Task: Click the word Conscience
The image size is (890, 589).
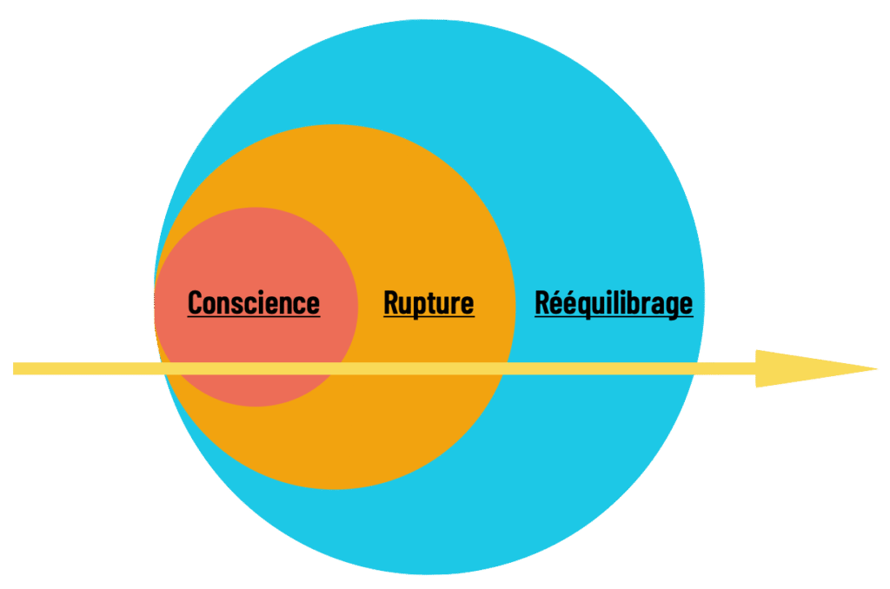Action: [x=254, y=303]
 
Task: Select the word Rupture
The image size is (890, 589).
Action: [x=428, y=303]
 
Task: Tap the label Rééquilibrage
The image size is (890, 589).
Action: [x=614, y=303]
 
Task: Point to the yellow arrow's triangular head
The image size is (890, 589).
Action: [x=808, y=369]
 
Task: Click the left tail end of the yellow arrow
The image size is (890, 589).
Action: [x=17, y=369]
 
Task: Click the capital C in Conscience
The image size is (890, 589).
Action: [x=196, y=303]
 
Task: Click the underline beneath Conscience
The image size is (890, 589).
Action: [x=254, y=316]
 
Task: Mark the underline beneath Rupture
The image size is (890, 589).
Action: [x=428, y=316]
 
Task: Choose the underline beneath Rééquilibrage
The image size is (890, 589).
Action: [x=614, y=316]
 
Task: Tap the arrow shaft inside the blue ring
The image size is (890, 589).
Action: [x=608, y=369]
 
